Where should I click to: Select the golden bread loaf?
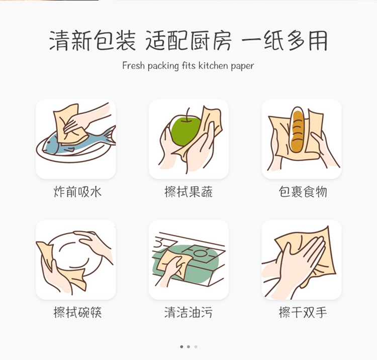297,131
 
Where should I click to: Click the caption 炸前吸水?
77,192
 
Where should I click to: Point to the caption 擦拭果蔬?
189,192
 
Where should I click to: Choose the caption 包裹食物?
303,192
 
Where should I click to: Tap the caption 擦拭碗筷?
77,312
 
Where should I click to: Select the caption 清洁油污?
189,312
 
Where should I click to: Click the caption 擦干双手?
303,312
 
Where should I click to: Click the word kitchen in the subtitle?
213,66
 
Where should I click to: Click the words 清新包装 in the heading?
92,41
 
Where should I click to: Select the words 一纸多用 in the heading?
285,41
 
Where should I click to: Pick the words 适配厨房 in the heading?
189,41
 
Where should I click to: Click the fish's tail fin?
110,136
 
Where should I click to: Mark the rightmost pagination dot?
196,346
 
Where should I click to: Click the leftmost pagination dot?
181,346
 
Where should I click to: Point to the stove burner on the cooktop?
199,253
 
